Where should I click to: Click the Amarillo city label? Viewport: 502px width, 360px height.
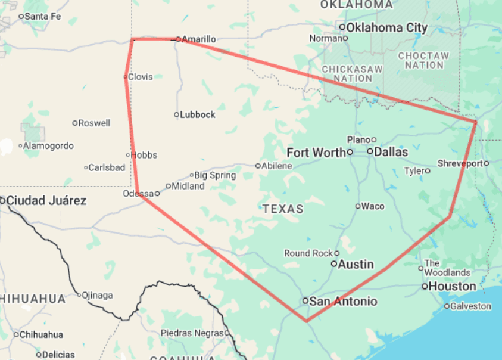[198, 39]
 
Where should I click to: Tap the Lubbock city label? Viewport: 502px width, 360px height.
[198, 114]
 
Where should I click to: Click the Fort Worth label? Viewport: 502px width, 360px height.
[316, 153]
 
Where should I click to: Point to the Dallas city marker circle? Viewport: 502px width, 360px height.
[370, 152]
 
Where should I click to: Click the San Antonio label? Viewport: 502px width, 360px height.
[344, 302]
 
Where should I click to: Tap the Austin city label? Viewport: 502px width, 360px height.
[356, 264]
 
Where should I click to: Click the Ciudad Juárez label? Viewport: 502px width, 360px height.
[46, 201]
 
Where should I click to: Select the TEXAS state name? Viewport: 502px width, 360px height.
[283, 209]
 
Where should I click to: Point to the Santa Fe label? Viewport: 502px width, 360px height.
[43, 16]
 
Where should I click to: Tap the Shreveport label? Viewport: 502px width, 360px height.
[460, 163]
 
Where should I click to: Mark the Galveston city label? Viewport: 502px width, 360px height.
[472, 306]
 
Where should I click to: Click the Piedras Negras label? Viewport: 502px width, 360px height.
[192, 333]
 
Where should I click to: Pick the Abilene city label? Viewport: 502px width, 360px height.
[277, 166]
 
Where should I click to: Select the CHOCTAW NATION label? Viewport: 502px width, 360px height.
[423, 60]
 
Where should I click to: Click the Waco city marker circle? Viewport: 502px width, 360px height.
[358, 206]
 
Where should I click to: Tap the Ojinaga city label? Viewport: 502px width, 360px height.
[98, 295]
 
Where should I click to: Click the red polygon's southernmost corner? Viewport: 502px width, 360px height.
[306, 321]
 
